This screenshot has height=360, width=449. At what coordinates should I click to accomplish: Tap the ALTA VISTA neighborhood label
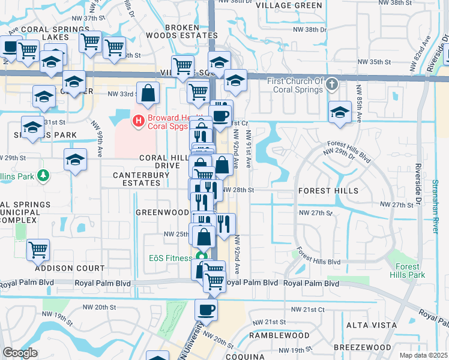tap(372, 325)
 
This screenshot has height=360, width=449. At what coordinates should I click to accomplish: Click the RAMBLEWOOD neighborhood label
tap(281, 335)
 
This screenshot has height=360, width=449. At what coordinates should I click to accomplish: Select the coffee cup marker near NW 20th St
tap(206, 310)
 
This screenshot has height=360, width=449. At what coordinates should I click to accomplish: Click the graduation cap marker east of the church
tap(340, 112)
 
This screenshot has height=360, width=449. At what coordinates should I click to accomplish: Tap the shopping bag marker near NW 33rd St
tap(148, 93)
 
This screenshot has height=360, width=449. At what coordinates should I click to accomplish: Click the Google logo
tap(20, 353)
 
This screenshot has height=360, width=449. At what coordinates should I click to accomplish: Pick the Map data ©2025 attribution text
tap(423, 355)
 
